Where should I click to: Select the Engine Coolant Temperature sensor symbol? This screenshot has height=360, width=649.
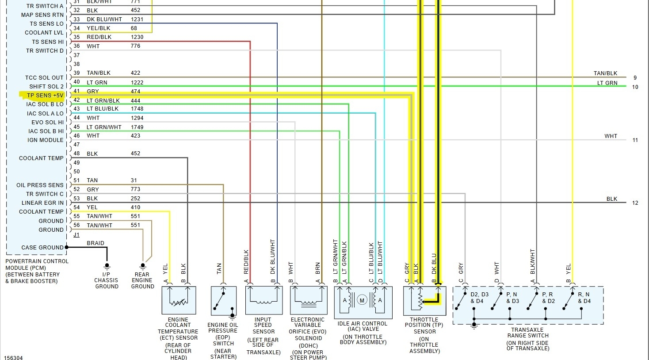179,300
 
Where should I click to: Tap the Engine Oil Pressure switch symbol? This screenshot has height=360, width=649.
223,301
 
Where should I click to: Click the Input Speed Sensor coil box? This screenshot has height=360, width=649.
263,300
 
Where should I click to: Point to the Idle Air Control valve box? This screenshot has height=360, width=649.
363,303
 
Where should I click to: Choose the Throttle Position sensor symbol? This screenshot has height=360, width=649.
424,301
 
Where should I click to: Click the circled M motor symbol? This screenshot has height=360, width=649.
362,301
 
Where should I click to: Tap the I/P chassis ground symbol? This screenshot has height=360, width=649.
107,267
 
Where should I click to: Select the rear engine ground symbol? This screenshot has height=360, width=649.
143,267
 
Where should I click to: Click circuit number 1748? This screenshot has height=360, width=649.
137,109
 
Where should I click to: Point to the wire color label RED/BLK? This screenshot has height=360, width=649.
99,37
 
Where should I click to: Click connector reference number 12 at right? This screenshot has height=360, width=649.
635,203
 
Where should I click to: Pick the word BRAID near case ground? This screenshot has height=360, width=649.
95,243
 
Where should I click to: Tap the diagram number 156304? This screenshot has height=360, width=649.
13,357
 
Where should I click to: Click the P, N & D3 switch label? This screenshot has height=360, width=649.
512,298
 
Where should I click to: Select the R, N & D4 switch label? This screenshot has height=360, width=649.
584,298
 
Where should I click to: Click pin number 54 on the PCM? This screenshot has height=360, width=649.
76,207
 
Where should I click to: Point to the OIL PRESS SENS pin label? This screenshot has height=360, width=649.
40,185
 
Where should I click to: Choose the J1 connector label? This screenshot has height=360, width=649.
76,235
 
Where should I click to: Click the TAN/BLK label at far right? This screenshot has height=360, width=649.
605,73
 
